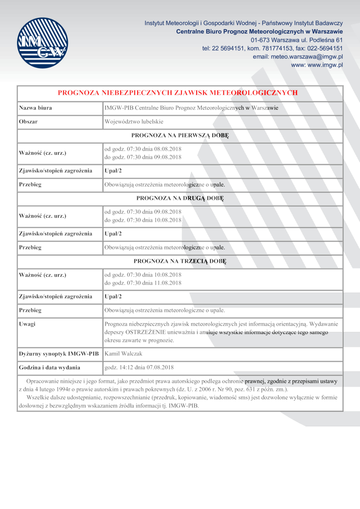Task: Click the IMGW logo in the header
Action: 42,43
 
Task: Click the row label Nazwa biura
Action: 35,108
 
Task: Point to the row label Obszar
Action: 28,122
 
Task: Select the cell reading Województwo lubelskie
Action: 134,122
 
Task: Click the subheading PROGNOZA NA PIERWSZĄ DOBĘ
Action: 180,135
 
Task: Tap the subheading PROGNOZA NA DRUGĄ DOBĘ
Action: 180,198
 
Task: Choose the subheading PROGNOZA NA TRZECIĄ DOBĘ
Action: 180,261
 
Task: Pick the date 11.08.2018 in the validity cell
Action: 168,283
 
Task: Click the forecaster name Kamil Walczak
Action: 124,354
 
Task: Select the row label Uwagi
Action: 27,324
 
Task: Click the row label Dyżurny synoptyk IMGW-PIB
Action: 58,354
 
